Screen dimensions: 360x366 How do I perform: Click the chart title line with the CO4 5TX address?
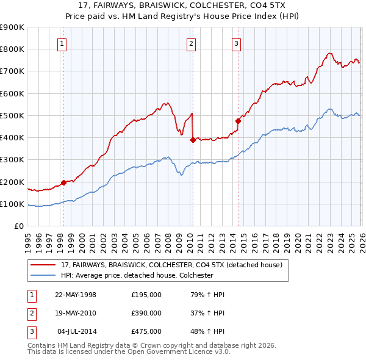183,4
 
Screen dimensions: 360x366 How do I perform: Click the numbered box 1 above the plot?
63,43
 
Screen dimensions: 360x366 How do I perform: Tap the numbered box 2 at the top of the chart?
192,43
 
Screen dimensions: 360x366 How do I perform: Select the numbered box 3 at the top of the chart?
236,43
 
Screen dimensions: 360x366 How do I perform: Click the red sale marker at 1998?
63,182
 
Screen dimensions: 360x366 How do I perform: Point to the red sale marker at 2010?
192,140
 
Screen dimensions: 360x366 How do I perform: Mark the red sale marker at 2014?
238,121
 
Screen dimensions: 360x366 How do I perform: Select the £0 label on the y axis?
18,226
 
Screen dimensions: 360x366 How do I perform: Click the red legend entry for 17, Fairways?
171,265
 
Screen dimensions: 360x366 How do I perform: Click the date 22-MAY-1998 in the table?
76,295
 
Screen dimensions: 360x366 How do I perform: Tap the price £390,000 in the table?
146,313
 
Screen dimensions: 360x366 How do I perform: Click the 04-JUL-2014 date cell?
76,331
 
